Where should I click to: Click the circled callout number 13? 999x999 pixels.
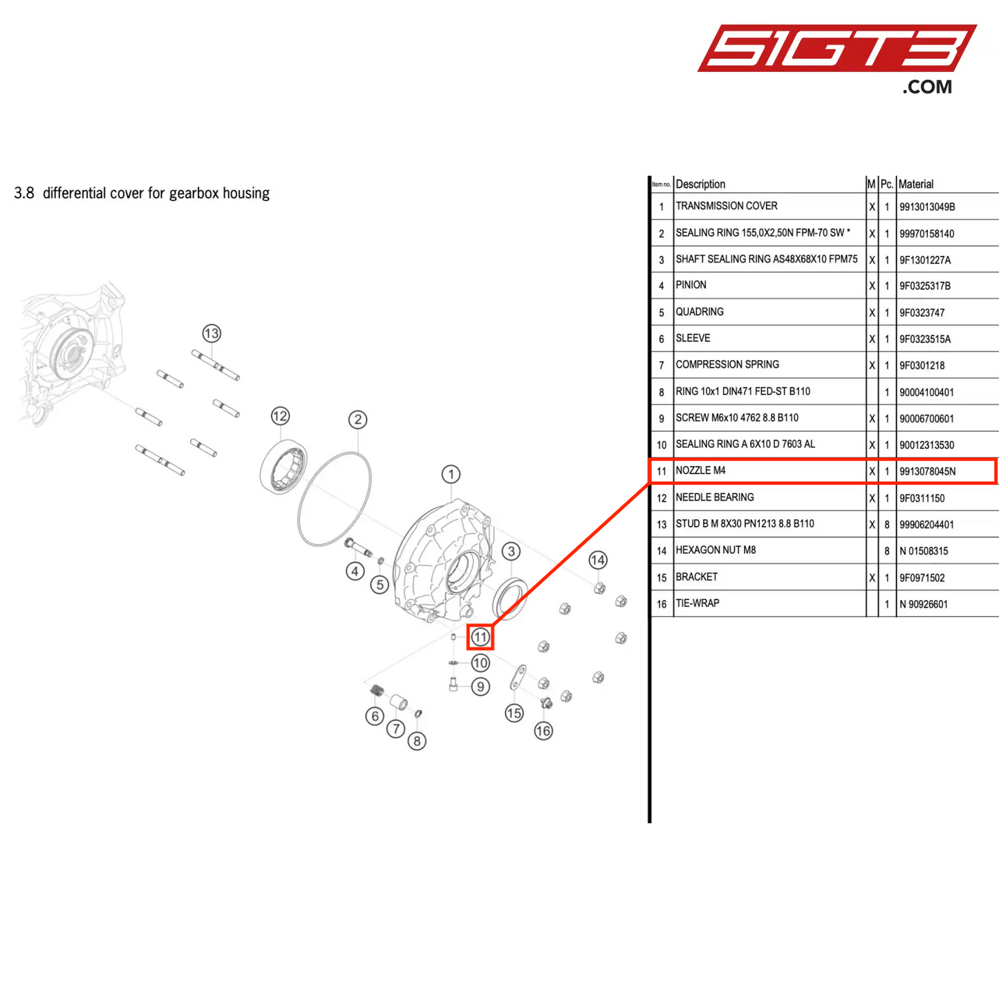tap(212, 333)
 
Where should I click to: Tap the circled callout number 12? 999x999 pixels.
tap(280, 416)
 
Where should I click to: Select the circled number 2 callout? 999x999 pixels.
tap(357, 420)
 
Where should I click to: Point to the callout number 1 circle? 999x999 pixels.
tap(451, 474)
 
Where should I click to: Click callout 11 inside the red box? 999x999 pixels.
tap(480, 637)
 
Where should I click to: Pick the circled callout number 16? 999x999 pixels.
tap(543, 731)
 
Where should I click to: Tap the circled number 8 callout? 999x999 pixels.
tap(416, 741)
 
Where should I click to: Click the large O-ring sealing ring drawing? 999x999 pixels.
tap(335, 499)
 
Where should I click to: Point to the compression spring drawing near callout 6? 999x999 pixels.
tap(377, 690)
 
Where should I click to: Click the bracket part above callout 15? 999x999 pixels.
tap(519, 677)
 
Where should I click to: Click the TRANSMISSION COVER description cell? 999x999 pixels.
tap(727, 206)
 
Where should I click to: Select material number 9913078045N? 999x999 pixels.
tap(927, 472)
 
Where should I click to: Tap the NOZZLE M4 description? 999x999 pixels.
tap(700, 471)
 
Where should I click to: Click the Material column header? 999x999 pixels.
tap(916, 184)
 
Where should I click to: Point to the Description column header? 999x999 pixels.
tap(700, 184)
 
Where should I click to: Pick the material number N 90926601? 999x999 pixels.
tap(923, 604)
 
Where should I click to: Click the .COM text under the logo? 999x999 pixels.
tap(927, 87)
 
